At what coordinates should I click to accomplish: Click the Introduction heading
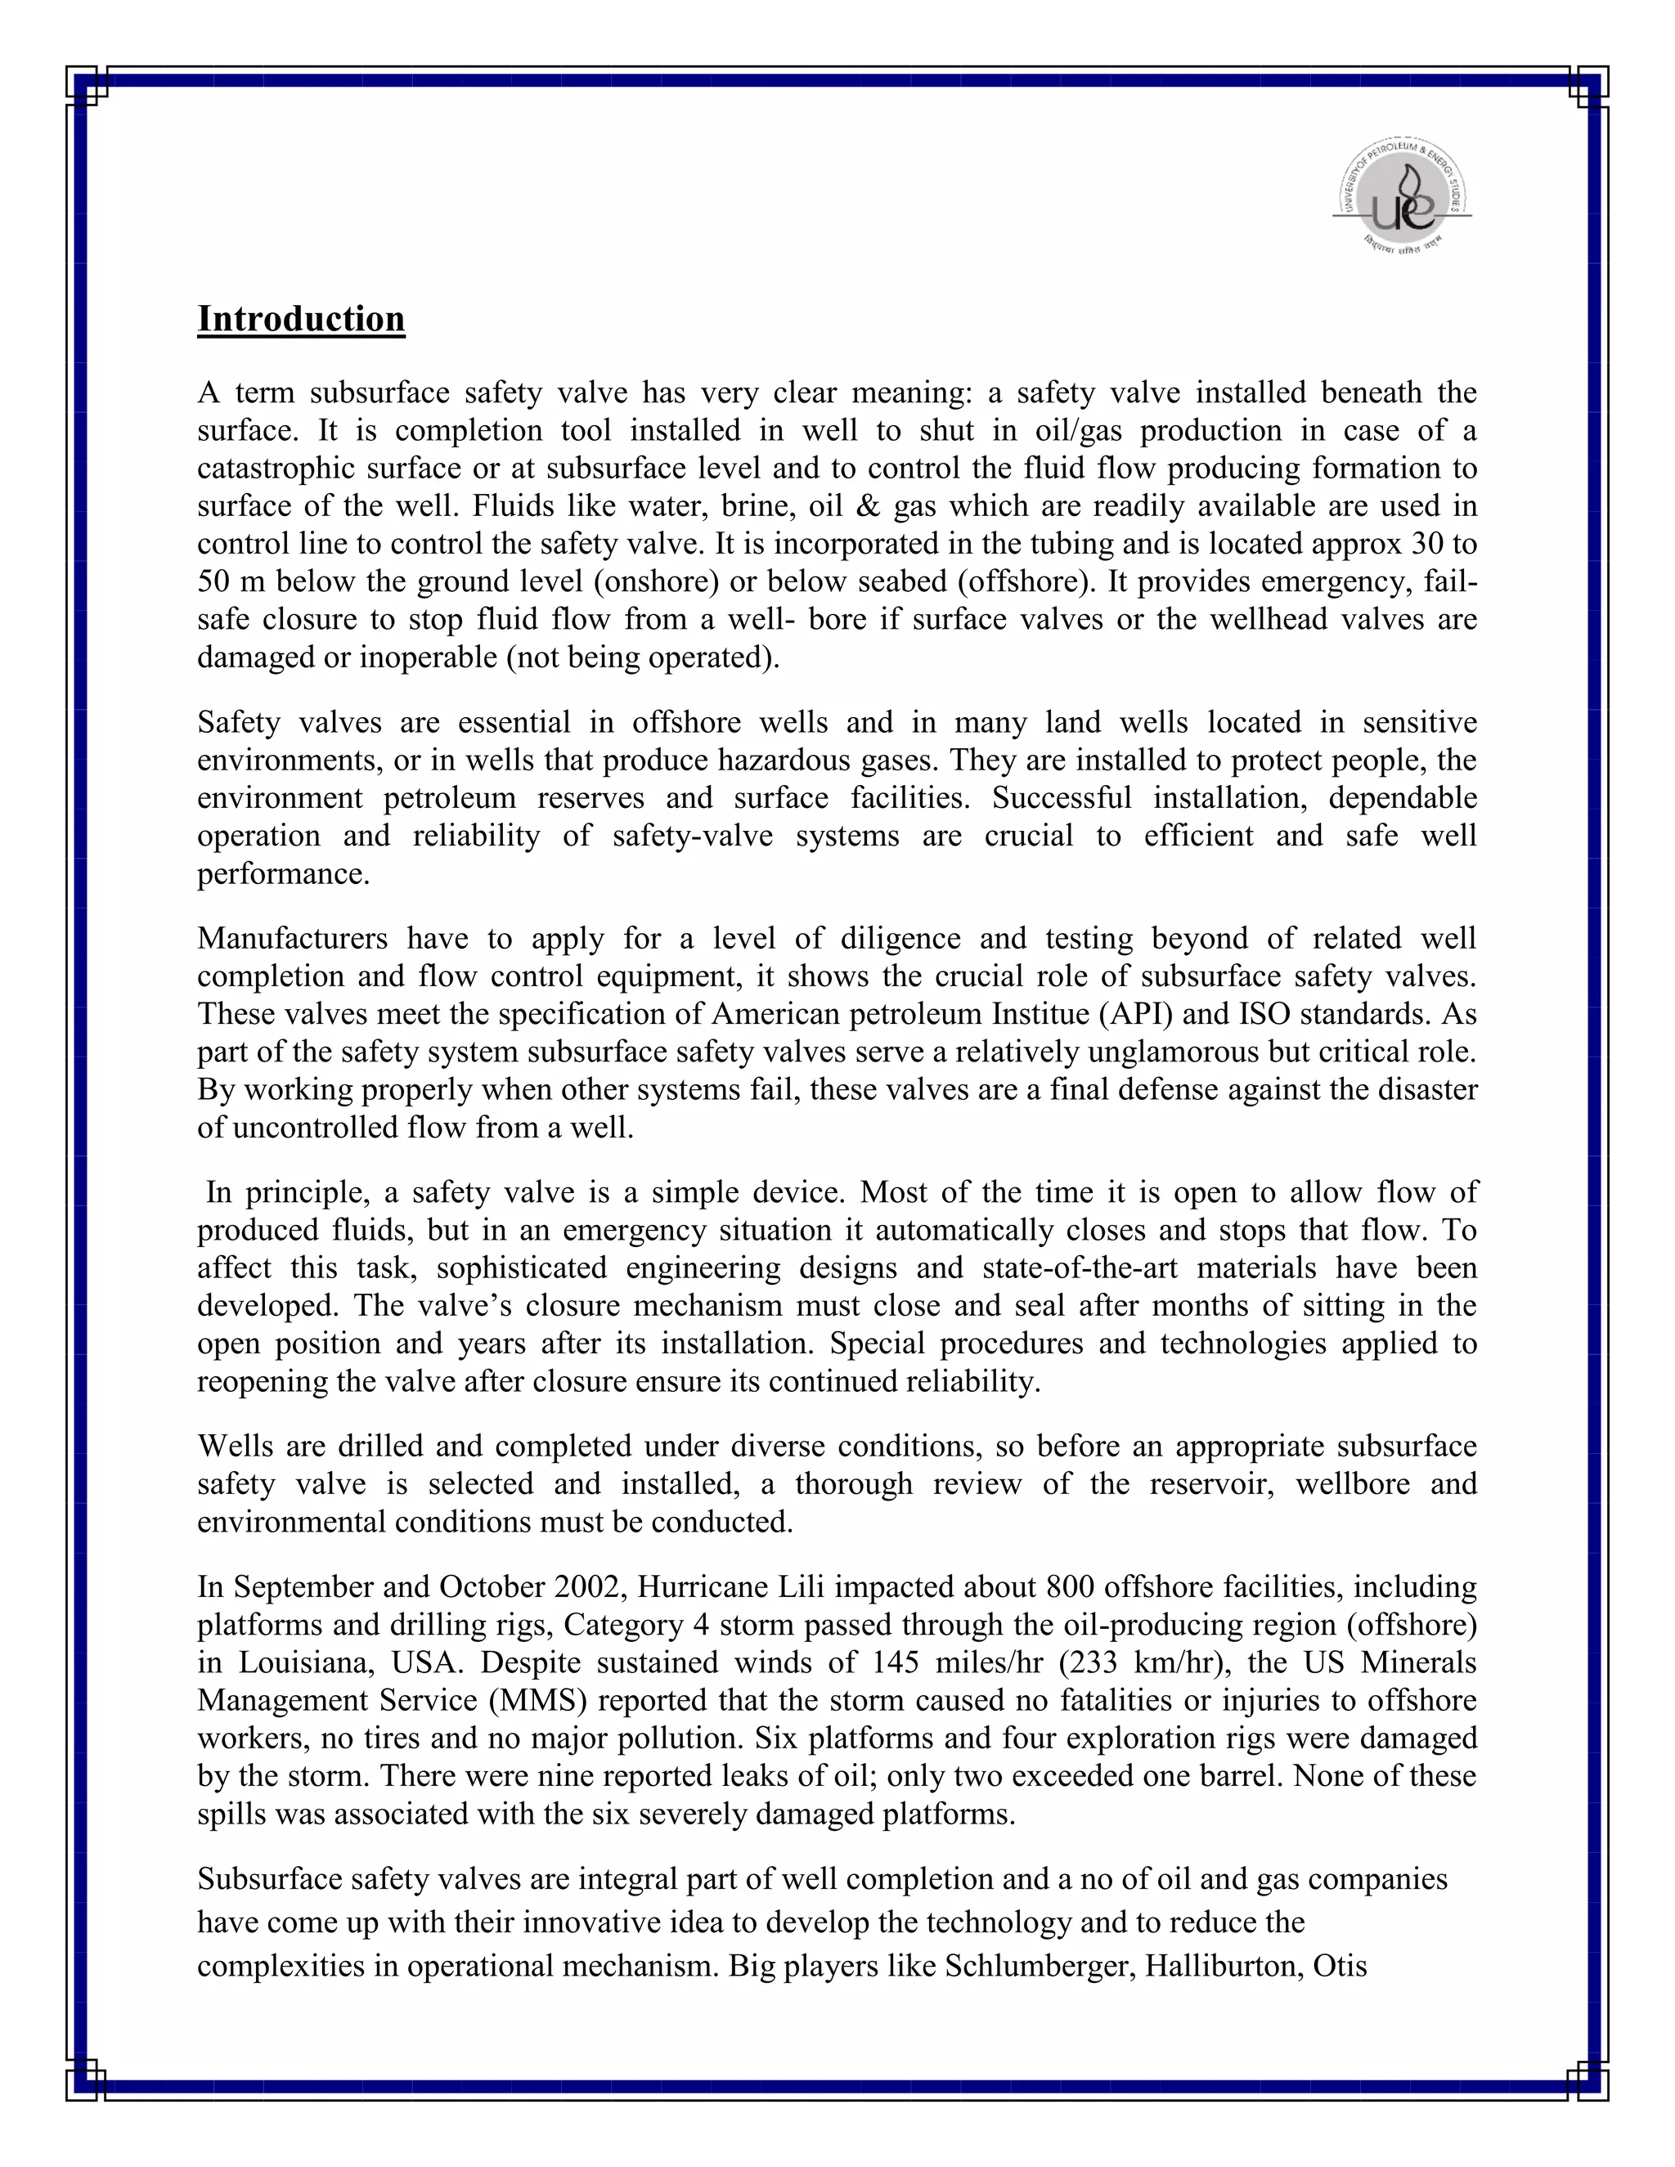pos(301,320)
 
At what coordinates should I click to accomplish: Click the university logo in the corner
pos(1401,195)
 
